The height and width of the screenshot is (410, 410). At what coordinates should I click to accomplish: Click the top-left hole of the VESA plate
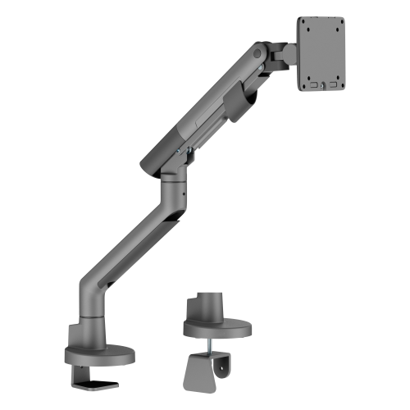pyautogui.click(x=307, y=24)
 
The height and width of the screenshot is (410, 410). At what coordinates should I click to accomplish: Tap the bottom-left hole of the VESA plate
pyautogui.click(x=307, y=81)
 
